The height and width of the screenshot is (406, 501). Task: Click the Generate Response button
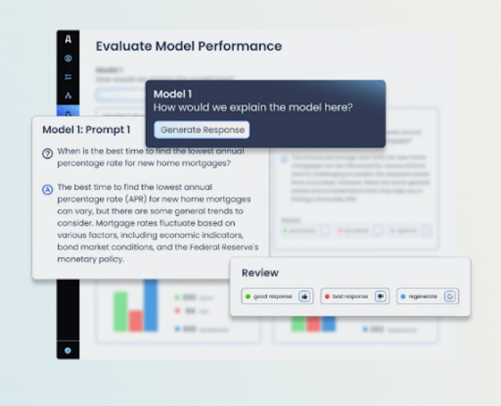(x=202, y=130)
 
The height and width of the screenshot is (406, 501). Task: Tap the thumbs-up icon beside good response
(x=304, y=296)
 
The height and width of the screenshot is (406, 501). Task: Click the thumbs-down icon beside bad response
(x=381, y=296)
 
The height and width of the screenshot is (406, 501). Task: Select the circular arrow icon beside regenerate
(x=450, y=296)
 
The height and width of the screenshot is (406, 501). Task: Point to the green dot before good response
(x=248, y=296)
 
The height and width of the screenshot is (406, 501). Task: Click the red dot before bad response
(x=327, y=296)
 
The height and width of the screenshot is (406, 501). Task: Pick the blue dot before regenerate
(x=404, y=296)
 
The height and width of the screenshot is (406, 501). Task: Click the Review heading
(x=260, y=273)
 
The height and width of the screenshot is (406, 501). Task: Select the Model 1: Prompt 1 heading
(x=86, y=130)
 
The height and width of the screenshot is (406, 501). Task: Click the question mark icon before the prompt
(x=47, y=153)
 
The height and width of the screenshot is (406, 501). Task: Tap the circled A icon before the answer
(x=47, y=189)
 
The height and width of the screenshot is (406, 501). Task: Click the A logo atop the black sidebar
(x=68, y=40)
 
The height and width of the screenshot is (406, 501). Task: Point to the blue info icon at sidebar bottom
(x=68, y=350)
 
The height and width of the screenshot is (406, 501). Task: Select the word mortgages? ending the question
(x=208, y=163)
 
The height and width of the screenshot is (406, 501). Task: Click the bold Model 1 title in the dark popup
(x=172, y=94)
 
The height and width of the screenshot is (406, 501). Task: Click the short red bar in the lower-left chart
(x=135, y=320)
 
